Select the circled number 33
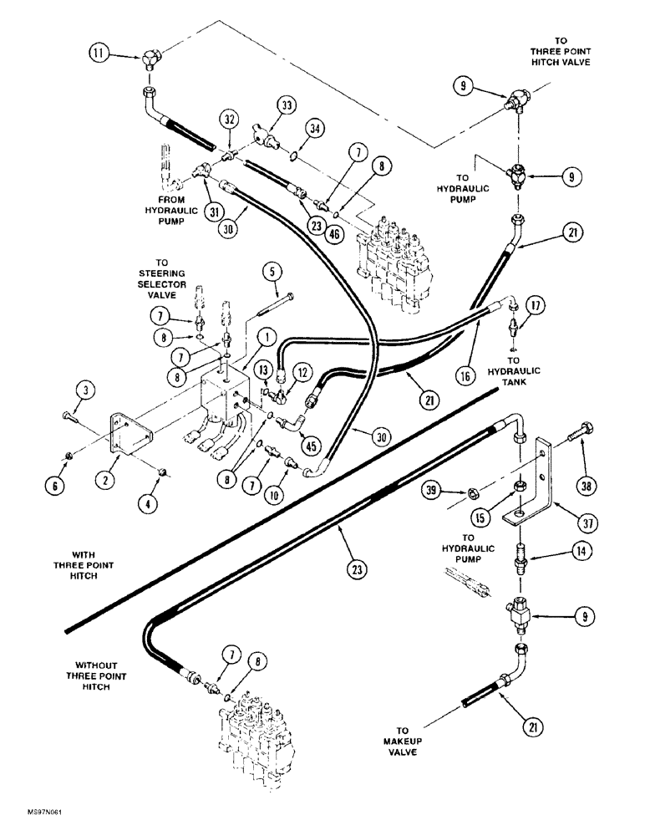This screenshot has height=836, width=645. click(287, 105)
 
